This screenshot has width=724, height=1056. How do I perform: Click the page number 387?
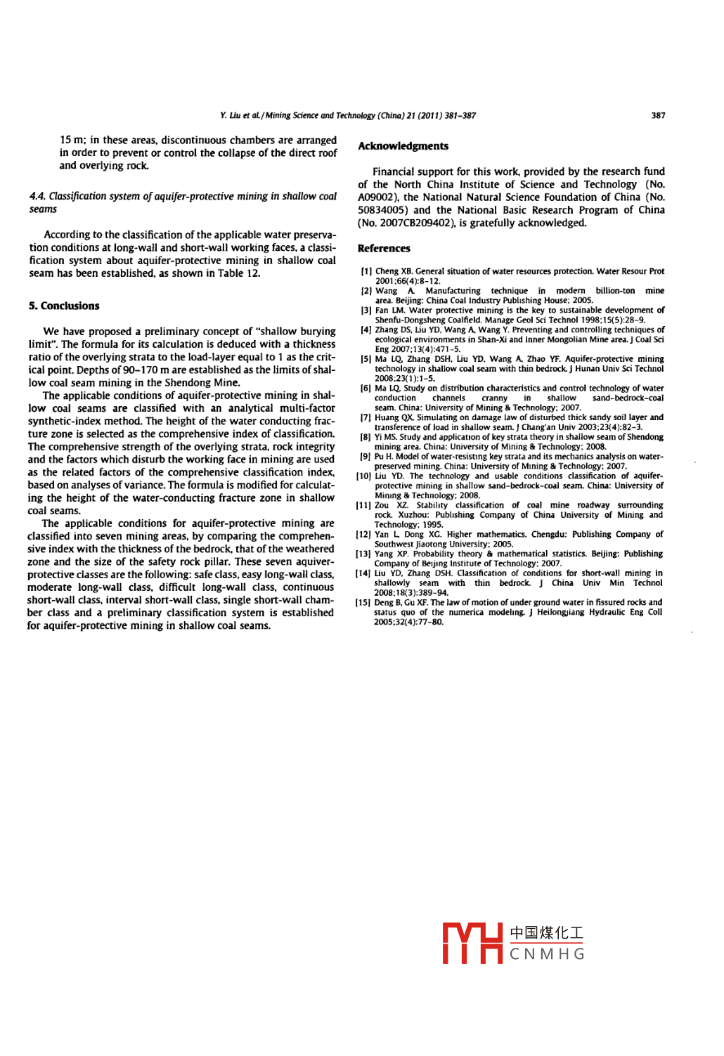pos(658,115)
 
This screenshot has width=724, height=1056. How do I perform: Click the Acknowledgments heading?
pos(403,146)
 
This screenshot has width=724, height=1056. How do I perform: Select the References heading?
pos(384,248)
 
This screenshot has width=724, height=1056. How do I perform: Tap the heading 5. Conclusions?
pos(64,306)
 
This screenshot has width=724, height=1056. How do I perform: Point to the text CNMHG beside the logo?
pos(547,954)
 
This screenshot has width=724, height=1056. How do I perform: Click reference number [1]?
pos(366,271)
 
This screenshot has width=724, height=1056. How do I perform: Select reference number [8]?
pos(366,437)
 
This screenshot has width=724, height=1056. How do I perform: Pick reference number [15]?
pos(363,602)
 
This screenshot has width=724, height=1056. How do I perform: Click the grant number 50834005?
pos(383,210)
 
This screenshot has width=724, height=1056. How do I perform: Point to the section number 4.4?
pos(37,197)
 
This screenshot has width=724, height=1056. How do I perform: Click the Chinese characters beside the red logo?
pos(546,933)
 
